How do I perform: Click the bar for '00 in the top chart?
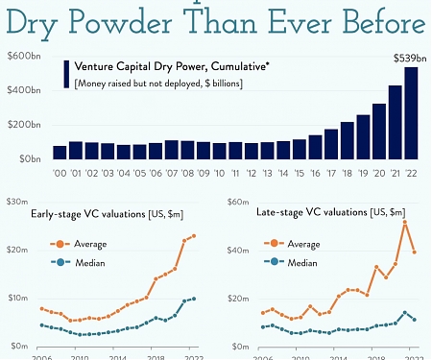(x=60, y=152)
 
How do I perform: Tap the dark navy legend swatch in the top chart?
(x=66, y=76)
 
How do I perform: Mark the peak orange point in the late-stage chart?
(x=405, y=223)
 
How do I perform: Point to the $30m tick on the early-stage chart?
(x=16, y=202)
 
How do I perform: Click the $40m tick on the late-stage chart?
(x=236, y=251)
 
